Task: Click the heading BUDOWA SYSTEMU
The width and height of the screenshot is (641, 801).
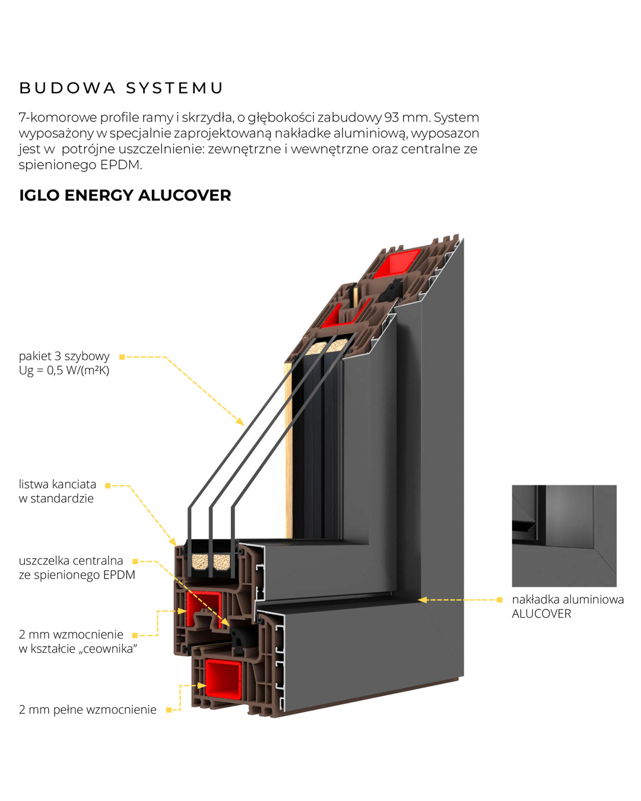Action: [x=121, y=88]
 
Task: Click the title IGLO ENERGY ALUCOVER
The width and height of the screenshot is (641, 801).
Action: [x=125, y=195]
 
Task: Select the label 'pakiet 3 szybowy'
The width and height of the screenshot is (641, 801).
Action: [x=64, y=356]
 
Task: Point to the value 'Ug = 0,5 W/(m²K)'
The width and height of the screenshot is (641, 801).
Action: [x=64, y=371]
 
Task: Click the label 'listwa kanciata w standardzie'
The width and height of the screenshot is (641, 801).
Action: [x=57, y=491]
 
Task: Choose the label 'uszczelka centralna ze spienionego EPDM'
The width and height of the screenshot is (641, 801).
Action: [x=77, y=568]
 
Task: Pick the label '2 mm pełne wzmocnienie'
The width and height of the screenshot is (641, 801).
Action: [x=87, y=710]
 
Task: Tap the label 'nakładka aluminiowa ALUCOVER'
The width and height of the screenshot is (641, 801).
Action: [x=567, y=606]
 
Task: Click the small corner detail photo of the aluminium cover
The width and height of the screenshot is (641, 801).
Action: [x=564, y=536]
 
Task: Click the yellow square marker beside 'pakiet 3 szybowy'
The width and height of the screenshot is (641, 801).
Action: [x=122, y=357]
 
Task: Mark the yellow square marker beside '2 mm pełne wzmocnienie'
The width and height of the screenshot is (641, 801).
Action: [x=169, y=710]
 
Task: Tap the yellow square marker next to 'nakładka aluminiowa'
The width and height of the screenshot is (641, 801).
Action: [x=500, y=600]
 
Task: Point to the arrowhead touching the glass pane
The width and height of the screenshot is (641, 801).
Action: [x=240, y=421]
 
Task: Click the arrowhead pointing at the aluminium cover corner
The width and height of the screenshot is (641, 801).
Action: [x=423, y=600]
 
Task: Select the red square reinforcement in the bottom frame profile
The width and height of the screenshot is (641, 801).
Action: [x=223, y=679]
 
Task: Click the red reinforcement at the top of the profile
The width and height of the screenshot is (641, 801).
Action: [x=396, y=262]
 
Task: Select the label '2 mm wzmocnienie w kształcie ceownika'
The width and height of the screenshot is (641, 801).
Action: [x=78, y=641]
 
